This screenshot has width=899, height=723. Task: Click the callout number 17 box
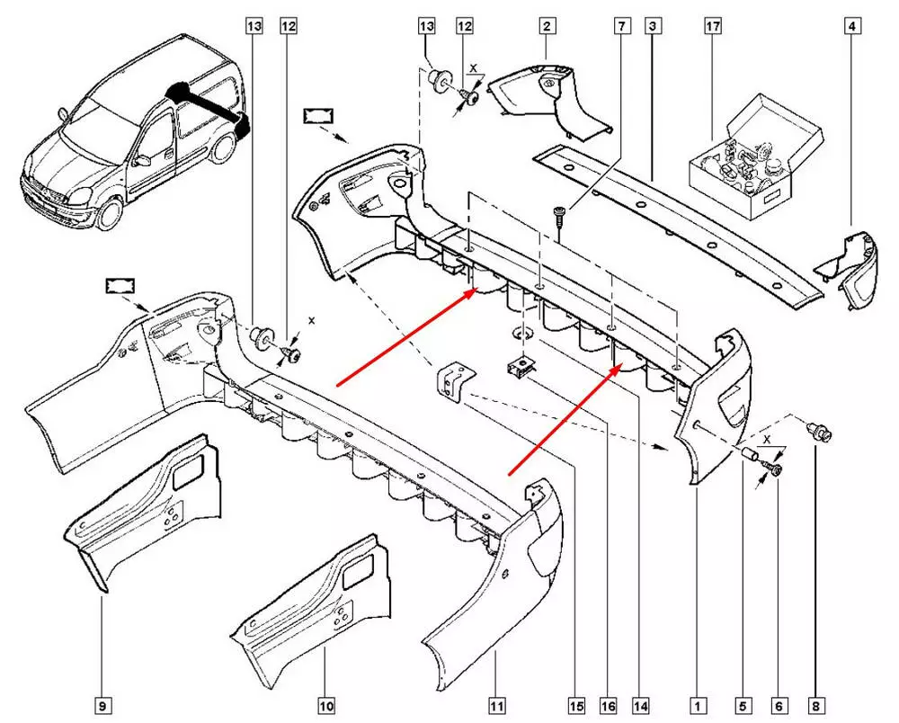tap(712, 27)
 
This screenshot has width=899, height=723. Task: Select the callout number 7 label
tap(620, 27)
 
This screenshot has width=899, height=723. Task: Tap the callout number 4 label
tap(850, 27)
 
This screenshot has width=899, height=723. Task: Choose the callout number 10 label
tap(325, 705)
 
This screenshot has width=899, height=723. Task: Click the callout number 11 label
tap(496, 705)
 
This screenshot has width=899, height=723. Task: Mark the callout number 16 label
tap(607, 705)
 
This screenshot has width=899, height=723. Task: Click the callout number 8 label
tap(815, 705)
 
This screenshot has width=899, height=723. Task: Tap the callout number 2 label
tap(547, 27)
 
